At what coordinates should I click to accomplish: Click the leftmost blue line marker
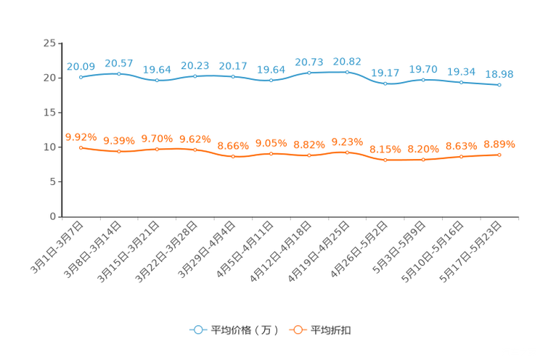pos(81,76)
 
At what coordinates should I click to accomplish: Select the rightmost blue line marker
pos(499,85)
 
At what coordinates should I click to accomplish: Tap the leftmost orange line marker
pos(81,147)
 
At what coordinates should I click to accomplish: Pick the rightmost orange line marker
pos(499,155)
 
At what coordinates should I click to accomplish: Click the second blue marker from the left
pos(119,73)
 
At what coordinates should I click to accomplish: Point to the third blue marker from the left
pos(157,80)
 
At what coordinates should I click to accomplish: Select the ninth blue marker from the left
pos(385,83)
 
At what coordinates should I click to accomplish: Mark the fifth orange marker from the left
pos(233,156)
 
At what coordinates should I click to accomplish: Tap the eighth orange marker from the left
pos(347,152)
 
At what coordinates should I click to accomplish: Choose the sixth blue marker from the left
pos(271,79)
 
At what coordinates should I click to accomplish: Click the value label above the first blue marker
pos(81,66)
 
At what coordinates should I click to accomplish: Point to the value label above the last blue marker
pos(499,74)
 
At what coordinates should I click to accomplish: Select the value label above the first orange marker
pos(81,136)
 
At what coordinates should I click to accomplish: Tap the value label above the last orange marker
pos(499,144)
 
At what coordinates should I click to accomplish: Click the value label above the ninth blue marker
pos(385,72)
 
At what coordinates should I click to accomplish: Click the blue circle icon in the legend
pos(197,330)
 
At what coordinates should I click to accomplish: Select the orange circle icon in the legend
pos(297,330)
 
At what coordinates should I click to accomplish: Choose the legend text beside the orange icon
pos(332,330)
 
